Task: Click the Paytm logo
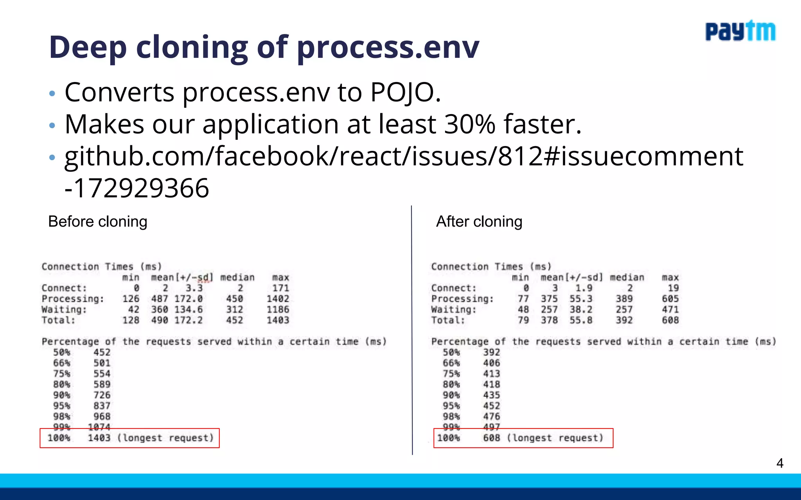pyautogui.click(x=740, y=31)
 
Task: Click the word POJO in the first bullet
pyautogui.click(x=405, y=93)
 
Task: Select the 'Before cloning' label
pyautogui.click(x=98, y=221)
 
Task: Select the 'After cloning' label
pyautogui.click(x=479, y=221)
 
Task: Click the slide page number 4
pyautogui.click(x=779, y=463)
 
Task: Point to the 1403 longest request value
pyautogui.click(x=99, y=438)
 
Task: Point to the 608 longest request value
pyautogui.click(x=491, y=438)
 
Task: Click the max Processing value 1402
pyautogui.click(x=278, y=299)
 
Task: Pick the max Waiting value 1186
pyautogui.click(x=278, y=310)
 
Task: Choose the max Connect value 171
pyautogui.click(x=280, y=288)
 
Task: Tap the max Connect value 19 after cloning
pyautogui.click(x=673, y=288)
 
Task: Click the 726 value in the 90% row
pyautogui.click(x=102, y=395)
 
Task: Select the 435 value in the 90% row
pyautogui.click(x=491, y=395)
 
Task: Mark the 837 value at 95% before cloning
pyautogui.click(x=102, y=406)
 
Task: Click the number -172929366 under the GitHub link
pyautogui.click(x=137, y=188)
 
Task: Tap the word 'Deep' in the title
pyautogui.click(x=88, y=47)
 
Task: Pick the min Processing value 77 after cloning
pyautogui.click(x=523, y=299)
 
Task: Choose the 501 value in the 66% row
pyautogui.click(x=102, y=363)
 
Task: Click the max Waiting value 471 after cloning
pyautogui.click(x=670, y=310)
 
